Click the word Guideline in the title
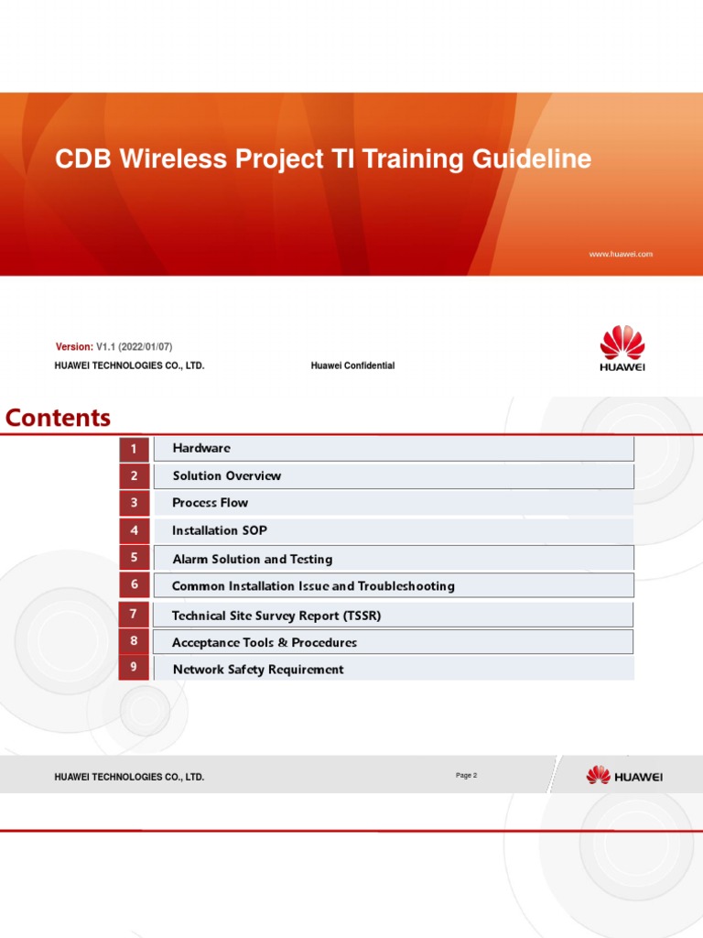532,159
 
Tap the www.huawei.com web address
621,255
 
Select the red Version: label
74,347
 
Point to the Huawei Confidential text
352,365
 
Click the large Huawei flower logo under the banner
622,347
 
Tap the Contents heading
58,418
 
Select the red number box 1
134,449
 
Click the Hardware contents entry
201,448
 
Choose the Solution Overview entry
227,475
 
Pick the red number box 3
134,503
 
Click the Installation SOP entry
220,530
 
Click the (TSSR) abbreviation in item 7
362,616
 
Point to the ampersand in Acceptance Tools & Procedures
283,642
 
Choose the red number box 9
134,667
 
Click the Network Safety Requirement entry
258,670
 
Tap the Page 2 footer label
466,775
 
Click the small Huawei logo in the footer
624,776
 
